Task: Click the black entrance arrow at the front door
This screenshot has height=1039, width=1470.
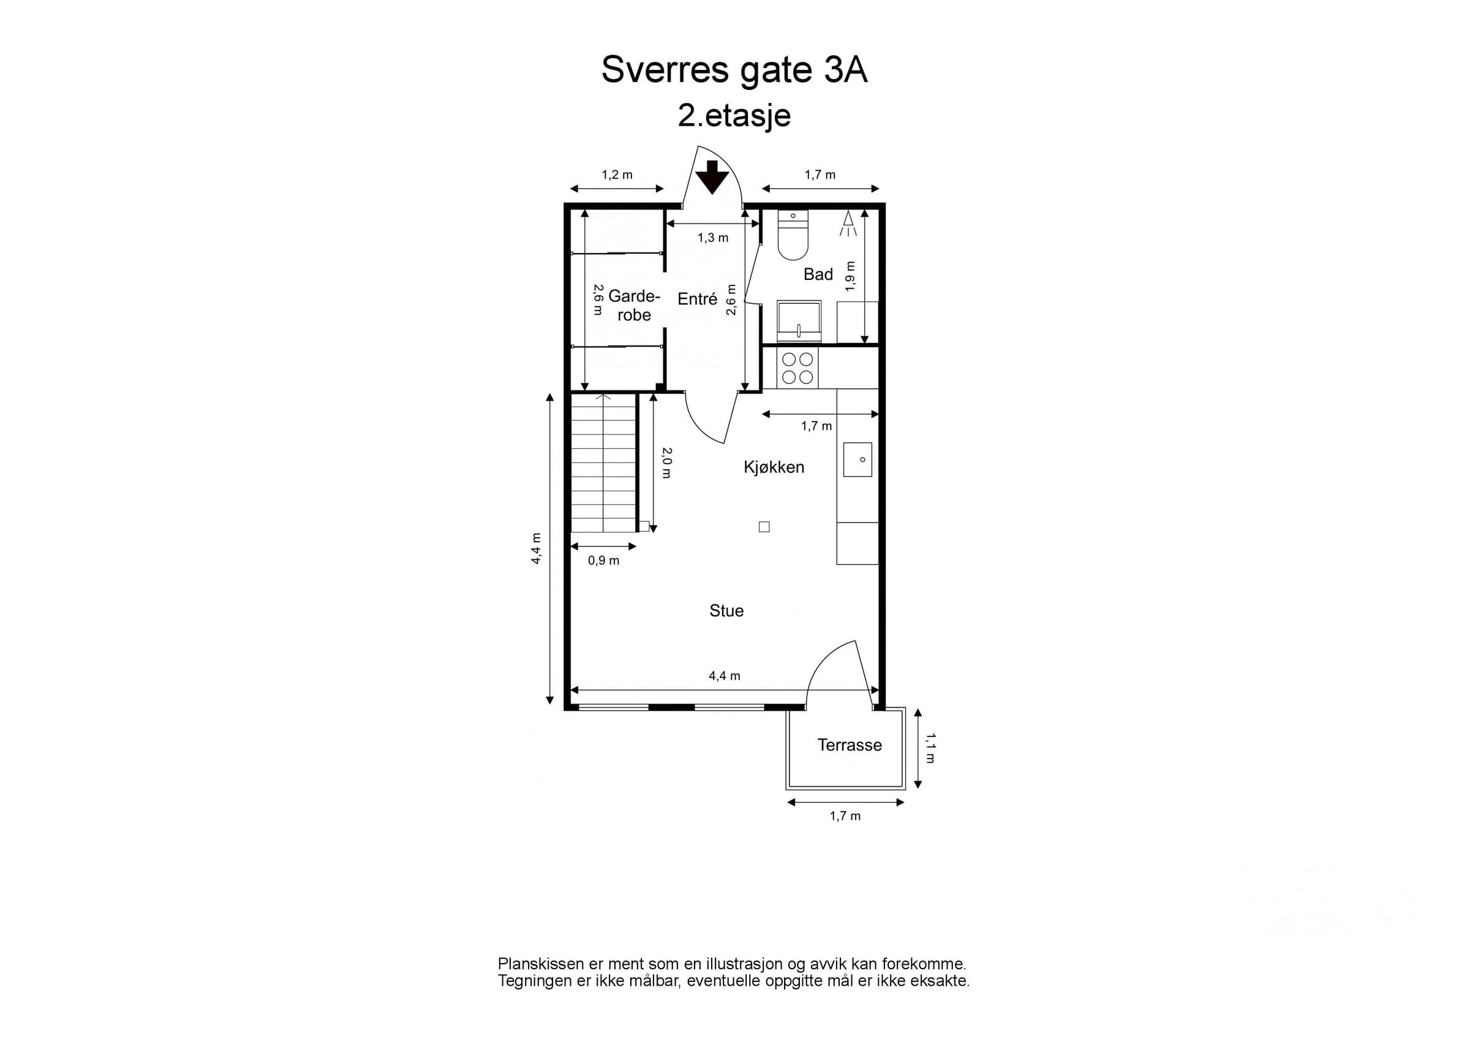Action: point(712,177)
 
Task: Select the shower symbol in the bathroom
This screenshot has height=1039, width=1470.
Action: point(848,223)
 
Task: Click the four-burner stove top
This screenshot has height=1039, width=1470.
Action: point(797,368)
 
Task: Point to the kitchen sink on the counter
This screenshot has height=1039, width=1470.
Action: point(858,459)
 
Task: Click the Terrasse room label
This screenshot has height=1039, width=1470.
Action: point(850,745)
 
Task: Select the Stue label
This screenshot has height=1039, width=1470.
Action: point(726,611)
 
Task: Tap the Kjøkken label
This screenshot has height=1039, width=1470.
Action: point(774,467)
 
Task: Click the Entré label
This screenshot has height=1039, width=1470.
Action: point(697,299)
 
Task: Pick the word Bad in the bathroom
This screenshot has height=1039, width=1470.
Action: point(818,274)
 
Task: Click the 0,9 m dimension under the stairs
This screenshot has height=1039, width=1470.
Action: point(604,561)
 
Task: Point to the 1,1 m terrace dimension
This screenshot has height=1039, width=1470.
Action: point(930,749)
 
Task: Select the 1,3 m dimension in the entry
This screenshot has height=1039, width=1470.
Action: point(713,238)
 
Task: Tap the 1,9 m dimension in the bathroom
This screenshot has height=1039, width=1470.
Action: point(850,276)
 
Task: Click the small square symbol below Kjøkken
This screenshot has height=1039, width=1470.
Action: point(764,527)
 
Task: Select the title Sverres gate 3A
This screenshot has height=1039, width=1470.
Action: point(734,69)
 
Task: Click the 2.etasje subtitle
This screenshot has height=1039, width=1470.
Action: point(734,116)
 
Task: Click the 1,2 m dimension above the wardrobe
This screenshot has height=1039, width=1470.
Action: point(617,175)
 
